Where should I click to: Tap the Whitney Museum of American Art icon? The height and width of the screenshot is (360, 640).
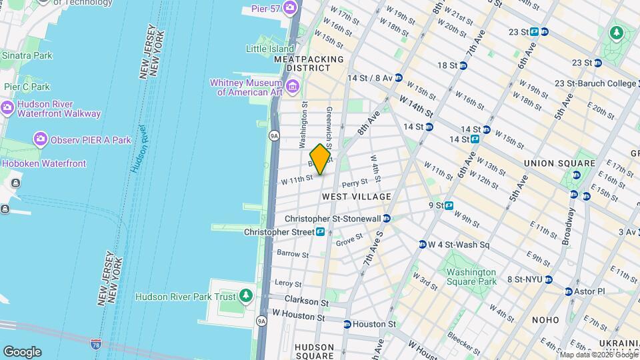click(x=291, y=87)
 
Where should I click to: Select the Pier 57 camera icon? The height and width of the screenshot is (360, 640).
click(x=290, y=8)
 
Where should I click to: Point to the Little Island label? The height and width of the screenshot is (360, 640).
click(x=270, y=49)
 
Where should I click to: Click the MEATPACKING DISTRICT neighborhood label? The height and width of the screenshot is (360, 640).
click(x=309, y=64)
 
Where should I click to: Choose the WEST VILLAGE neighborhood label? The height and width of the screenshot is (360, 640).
click(x=356, y=197)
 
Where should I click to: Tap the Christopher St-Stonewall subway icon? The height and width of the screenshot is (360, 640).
click(x=387, y=219)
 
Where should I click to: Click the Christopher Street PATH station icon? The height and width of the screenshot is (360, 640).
click(x=321, y=232)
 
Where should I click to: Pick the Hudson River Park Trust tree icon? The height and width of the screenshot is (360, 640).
click(x=247, y=295)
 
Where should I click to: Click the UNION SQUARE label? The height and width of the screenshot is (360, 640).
click(x=559, y=163)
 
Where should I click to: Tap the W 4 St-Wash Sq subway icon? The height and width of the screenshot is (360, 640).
click(x=423, y=245)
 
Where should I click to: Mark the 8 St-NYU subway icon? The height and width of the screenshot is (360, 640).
click(x=548, y=280)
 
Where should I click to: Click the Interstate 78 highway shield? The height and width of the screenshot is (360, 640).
click(x=96, y=344)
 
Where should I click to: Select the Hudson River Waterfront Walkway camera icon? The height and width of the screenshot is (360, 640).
click(x=7, y=107)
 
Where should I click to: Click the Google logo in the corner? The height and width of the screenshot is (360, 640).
click(x=22, y=351)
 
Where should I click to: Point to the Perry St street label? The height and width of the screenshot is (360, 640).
click(x=354, y=183)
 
